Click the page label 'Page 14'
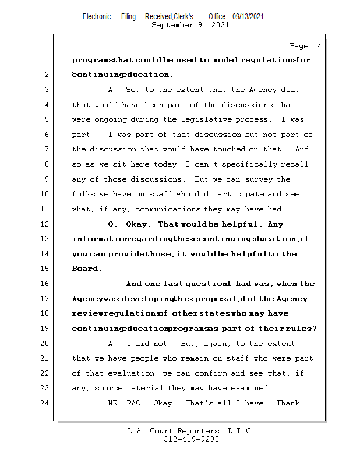pos(305,46)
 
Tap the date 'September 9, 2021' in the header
pos(190,25)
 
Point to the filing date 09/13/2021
pos(248,16)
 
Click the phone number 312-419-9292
pos(191,439)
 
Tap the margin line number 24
pos(44,403)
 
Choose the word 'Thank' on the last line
pos(288,403)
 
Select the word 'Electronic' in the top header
pos(97,16)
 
